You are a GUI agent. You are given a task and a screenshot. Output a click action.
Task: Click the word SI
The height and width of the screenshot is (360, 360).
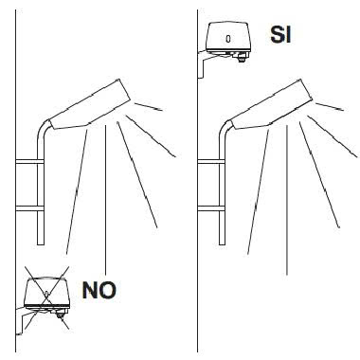click(280, 34)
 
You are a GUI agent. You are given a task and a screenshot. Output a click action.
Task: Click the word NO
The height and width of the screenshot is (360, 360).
click(99, 290)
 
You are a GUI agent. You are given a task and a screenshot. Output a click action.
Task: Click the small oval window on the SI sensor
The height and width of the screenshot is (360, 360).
click(228, 39)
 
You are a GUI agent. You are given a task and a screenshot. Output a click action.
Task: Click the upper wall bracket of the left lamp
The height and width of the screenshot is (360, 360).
click(29, 161)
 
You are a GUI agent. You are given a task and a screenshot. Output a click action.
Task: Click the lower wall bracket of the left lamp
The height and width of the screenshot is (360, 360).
click(29, 208)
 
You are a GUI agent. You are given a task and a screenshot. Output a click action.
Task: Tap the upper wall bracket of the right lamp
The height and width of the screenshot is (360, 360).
click(211, 161)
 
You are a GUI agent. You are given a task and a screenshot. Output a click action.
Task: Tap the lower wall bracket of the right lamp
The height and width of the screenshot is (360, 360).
click(211, 208)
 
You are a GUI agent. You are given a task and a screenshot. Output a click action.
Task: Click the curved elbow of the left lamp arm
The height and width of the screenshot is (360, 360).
click(43, 126)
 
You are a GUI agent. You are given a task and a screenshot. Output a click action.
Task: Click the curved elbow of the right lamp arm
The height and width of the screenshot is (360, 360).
click(225, 126)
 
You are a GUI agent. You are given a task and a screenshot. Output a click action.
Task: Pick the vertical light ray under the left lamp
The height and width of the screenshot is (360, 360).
click(105, 200)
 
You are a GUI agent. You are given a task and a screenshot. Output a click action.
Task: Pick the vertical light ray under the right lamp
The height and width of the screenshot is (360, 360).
click(287, 200)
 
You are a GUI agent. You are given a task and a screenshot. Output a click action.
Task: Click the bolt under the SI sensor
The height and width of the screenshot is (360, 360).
click(242, 58)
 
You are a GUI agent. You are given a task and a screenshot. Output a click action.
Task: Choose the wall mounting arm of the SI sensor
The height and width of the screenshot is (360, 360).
click(202, 64)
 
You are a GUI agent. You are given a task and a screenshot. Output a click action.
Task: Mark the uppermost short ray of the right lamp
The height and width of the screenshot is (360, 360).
click(330, 106)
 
